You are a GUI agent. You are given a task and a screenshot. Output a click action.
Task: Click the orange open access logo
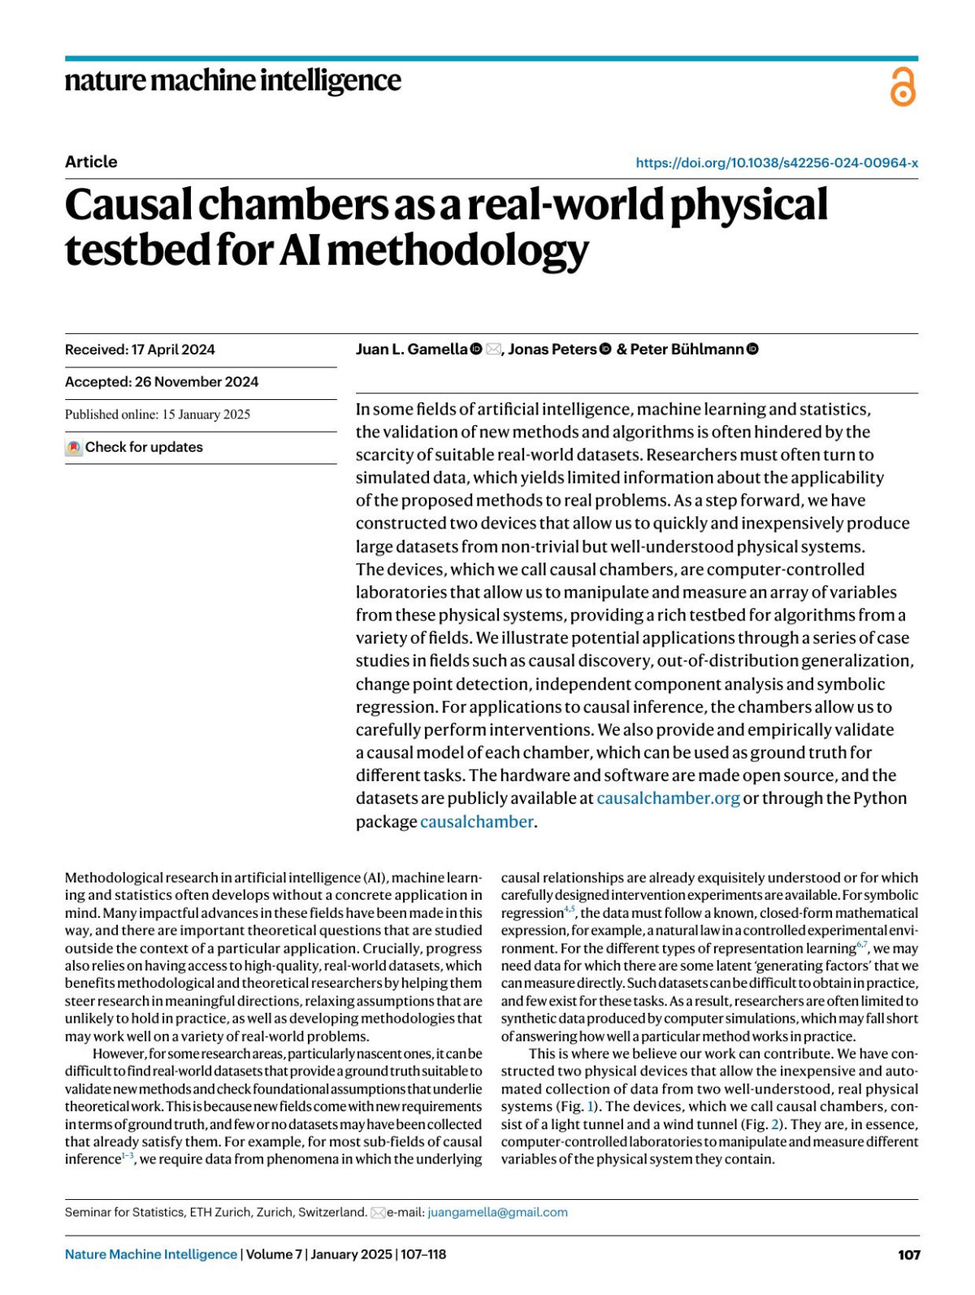903,87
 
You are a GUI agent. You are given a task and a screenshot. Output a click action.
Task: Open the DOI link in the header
777,163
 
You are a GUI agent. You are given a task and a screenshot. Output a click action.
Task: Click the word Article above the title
91,162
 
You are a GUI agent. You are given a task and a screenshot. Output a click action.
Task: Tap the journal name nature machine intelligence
232,80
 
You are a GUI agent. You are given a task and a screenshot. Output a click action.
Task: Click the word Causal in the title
128,205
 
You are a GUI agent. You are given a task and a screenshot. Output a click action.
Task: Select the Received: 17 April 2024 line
140,350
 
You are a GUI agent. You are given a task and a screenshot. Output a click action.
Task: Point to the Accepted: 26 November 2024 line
162,382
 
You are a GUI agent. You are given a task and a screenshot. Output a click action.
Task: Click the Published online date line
158,415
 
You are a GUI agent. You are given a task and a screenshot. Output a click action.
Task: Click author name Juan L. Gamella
411,350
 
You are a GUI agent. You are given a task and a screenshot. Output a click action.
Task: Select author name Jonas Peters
552,350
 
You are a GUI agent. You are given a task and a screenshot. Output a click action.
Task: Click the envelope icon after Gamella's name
493,350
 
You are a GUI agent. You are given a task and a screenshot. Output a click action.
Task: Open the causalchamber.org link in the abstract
668,798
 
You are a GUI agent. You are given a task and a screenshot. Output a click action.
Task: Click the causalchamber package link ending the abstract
476,822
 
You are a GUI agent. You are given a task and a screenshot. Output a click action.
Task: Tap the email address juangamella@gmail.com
497,1212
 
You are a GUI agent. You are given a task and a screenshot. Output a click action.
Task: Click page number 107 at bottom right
908,1254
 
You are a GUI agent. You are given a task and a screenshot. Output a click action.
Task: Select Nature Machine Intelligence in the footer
151,1254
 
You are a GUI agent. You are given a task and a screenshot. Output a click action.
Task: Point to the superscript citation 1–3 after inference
128,1156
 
